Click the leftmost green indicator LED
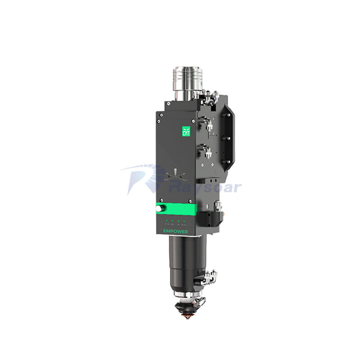166,220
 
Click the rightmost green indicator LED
184,220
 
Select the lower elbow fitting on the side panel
206,148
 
